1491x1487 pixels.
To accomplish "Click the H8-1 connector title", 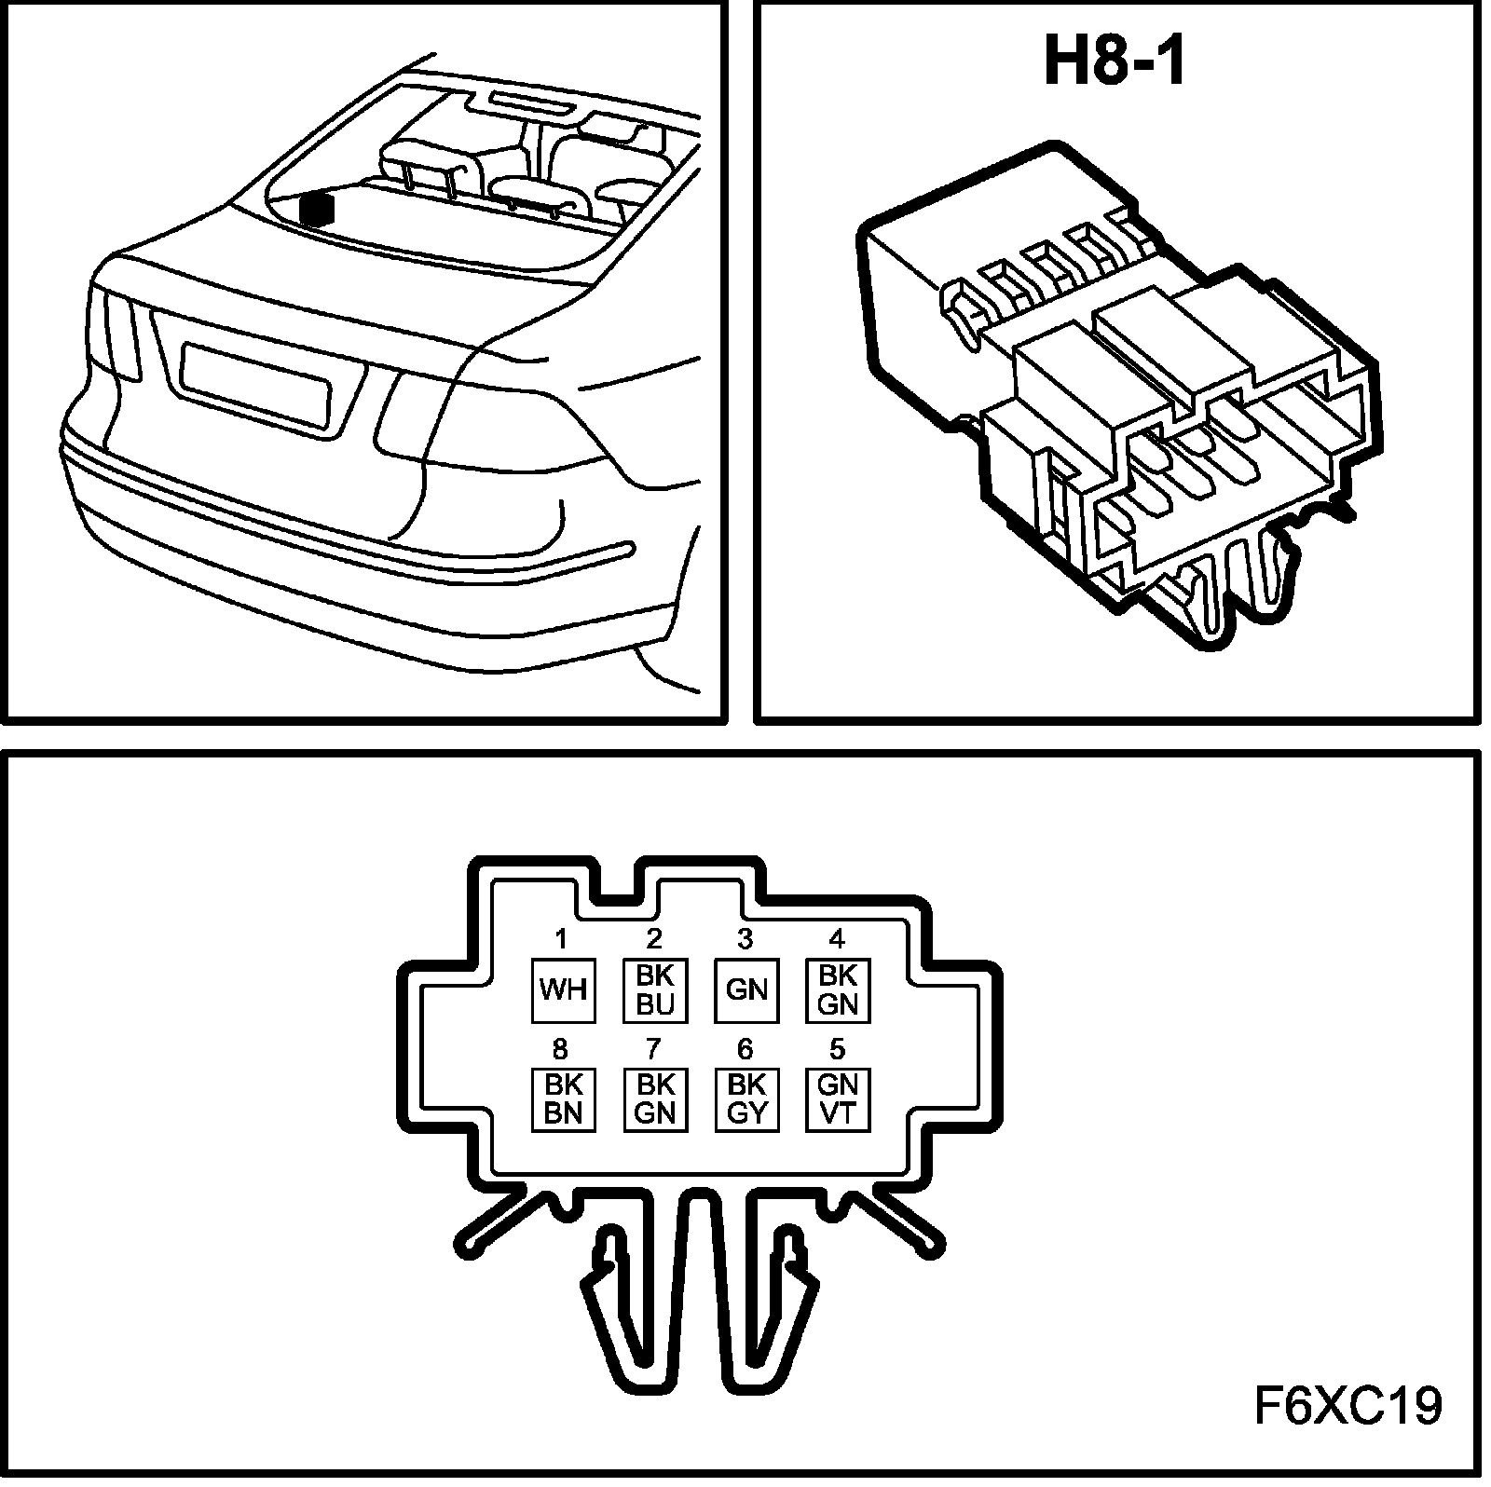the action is click(x=1114, y=62).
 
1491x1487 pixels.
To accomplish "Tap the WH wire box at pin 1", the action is click(x=563, y=990).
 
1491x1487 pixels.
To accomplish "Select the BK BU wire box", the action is click(x=654, y=990).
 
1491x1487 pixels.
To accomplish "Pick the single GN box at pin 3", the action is click(x=745, y=990).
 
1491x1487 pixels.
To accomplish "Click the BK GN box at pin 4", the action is click(x=837, y=990).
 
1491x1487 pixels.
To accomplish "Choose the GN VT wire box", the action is click(x=837, y=1099).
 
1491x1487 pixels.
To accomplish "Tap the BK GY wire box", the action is click(x=745, y=1099).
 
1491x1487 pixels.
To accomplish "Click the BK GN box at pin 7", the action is click(x=654, y=1099).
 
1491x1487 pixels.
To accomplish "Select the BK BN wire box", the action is click(x=563, y=1099).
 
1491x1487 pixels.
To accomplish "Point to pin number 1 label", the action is click(x=561, y=938).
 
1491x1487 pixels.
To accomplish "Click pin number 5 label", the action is click(x=837, y=1049).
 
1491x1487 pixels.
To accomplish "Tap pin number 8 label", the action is click(x=560, y=1049).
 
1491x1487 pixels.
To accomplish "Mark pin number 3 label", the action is click(x=745, y=938).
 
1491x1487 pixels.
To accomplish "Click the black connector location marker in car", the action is click(x=319, y=209).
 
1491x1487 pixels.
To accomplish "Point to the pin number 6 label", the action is click(x=745, y=1049).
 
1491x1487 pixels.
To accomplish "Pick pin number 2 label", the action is click(x=653, y=938).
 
